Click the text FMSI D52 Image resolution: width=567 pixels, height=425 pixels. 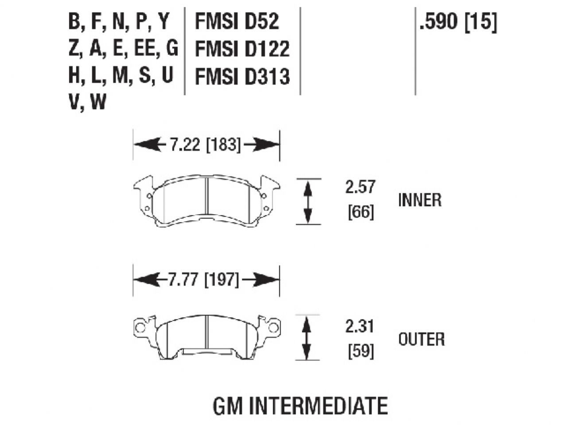[237, 21]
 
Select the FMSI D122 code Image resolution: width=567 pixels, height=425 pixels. [242, 49]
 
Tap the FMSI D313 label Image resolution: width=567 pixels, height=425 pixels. [242, 77]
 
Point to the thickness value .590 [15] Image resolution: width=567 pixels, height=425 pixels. [458, 21]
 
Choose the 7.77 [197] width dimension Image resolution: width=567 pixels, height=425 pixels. [204, 280]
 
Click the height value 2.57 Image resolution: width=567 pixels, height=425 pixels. [360, 187]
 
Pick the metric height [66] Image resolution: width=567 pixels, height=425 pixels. [360, 213]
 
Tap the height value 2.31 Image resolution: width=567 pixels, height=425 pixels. [360, 327]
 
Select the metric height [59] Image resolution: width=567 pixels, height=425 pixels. [360, 352]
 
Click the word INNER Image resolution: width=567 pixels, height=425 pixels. [419, 200]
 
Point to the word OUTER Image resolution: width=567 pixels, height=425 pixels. [421, 340]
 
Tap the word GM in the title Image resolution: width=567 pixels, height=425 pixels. [228, 406]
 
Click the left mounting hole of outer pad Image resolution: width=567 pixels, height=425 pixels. [140, 328]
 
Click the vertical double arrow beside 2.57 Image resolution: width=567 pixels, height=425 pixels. [308, 202]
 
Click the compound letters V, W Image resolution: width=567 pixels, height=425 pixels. [87, 103]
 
